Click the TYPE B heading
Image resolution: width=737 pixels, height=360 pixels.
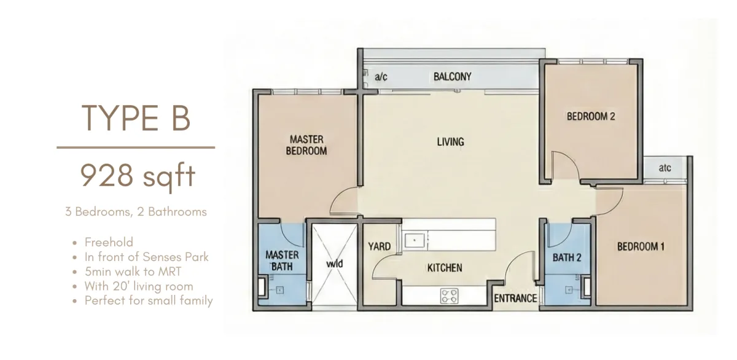tap(136, 118)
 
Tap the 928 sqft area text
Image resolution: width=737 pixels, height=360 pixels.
tap(138, 176)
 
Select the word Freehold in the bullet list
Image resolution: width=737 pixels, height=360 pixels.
tap(109, 242)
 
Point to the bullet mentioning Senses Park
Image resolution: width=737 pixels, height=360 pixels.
tap(146, 257)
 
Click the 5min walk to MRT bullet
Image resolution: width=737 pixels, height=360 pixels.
tap(133, 272)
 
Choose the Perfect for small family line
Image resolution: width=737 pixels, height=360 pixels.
tap(149, 300)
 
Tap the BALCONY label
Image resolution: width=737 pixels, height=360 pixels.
tap(453, 77)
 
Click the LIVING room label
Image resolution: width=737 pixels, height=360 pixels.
tap(450, 142)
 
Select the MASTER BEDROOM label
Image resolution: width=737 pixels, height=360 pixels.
tap(306, 145)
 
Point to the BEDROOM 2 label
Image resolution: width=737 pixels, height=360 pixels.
tap(591, 116)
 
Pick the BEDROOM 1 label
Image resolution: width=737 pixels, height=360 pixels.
tap(641, 246)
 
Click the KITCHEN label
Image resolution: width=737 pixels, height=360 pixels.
tap(445, 268)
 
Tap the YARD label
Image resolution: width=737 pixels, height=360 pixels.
tap(380, 246)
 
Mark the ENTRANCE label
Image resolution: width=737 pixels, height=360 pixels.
tap(515, 299)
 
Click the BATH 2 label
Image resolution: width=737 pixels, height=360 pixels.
tap(567, 257)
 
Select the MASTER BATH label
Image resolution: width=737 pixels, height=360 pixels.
tap(282, 260)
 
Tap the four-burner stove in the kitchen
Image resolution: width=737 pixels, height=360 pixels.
tap(449, 295)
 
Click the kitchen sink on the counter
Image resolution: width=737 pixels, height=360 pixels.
tap(415, 240)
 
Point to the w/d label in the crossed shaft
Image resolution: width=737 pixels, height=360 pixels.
tap(334, 264)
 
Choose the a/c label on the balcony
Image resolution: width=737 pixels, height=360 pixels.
tap(381, 77)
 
